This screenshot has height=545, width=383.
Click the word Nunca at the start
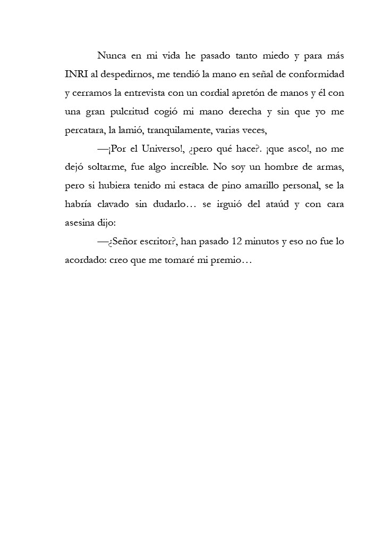pos(111,56)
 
